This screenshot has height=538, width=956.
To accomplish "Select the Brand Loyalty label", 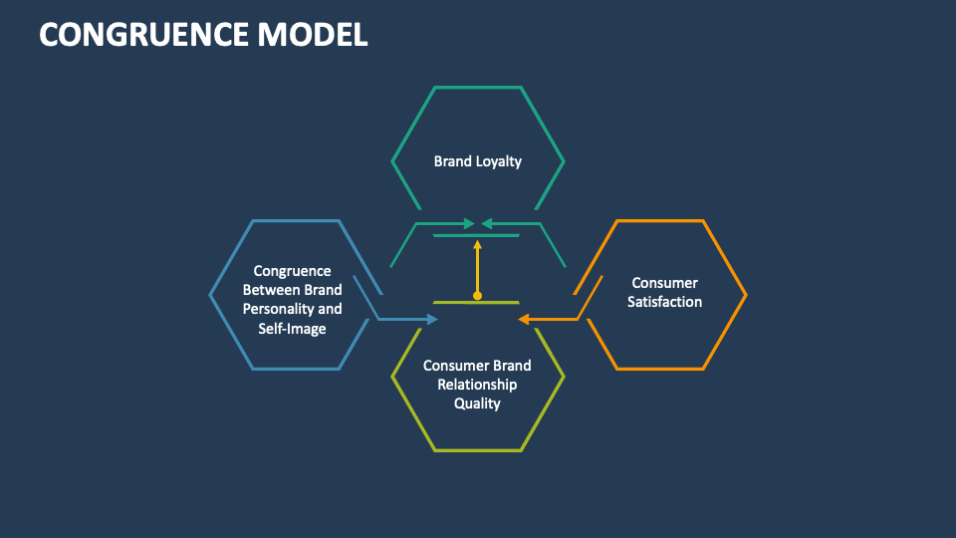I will pyautogui.click(x=477, y=160).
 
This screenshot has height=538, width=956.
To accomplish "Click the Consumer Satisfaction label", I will pyautogui.click(x=664, y=292).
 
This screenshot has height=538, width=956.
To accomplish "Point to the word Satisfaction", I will pyautogui.click(x=664, y=302).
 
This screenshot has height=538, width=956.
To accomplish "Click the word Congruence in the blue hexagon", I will pyautogui.click(x=292, y=271).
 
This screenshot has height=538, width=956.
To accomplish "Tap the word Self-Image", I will pyautogui.click(x=292, y=328).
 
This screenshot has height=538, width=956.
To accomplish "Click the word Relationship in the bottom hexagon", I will pyautogui.click(x=477, y=385).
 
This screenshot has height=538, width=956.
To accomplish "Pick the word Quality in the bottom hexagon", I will pyautogui.click(x=477, y=403).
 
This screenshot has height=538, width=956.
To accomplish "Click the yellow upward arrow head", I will pyautogui.click(x=477, y=243).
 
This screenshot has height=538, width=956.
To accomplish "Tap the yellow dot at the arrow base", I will pyautogui.click(x=477, y=296).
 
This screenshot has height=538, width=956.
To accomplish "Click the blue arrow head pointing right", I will pyautogui.click(x=432, y=319).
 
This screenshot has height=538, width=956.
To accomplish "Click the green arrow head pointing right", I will pyautogui.click(x=470, y=223).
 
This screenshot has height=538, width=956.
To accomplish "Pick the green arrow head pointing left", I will pyautogui.click(x=486, y=223).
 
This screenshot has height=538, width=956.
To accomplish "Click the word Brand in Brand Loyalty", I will pyautogui.click(x=453, y=160).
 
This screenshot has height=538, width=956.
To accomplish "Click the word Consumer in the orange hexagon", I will pyautogui.click(x=664, y=283).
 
